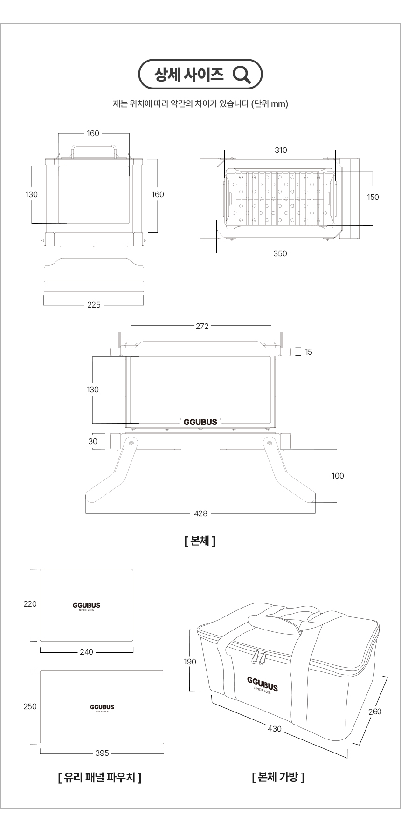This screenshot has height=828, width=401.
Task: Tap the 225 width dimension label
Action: pyautogui.click(x=94, y=305)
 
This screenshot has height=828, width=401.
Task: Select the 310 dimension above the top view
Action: pyautogui.click(x=281, y=150)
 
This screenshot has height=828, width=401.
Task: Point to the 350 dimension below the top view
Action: pyautogui.click(x=280, y=253)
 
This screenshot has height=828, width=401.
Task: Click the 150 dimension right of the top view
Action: pyautogui.click(x=373, y=197)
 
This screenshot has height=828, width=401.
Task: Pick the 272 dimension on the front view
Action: pyautogui.click(x=202, y=326)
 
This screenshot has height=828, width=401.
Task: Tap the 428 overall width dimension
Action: pyautogui.click(x=201, y=513)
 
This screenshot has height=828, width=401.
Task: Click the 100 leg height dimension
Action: pyautogui.click(x=338, y=476)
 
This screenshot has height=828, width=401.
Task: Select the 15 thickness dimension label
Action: pyautogui.click(x=309, y=352)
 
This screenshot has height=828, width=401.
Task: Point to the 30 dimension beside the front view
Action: pyautogui.click(x=93, y=441)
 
